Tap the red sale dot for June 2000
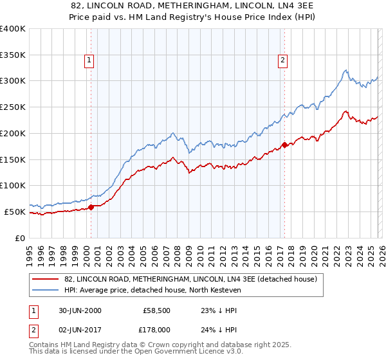click(91, 207)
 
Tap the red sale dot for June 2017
click(284, 145)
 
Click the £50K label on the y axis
click(15, 212)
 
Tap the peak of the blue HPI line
click(345, 70)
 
